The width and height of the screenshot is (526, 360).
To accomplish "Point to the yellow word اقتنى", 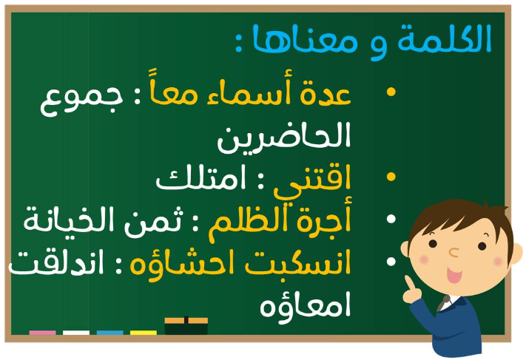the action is [x=312, y=181].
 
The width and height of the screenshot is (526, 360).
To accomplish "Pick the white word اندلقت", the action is [x=56, y=263].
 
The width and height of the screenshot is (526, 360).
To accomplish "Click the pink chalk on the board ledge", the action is [x=43, y=333].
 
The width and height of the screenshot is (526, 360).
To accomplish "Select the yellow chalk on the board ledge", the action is [x=144, y=333].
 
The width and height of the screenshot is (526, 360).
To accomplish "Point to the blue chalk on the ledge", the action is [x=109, y=333].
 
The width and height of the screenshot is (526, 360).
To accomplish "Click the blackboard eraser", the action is [x=186, y=326].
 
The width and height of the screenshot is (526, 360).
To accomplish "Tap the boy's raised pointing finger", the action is [x=409, y=282].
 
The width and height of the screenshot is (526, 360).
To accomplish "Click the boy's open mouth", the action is [x=454, y=276].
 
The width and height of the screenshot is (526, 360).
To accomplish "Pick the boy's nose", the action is [x=453, y=252].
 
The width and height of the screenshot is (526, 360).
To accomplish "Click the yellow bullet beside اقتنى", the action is [x=391, y=177].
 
